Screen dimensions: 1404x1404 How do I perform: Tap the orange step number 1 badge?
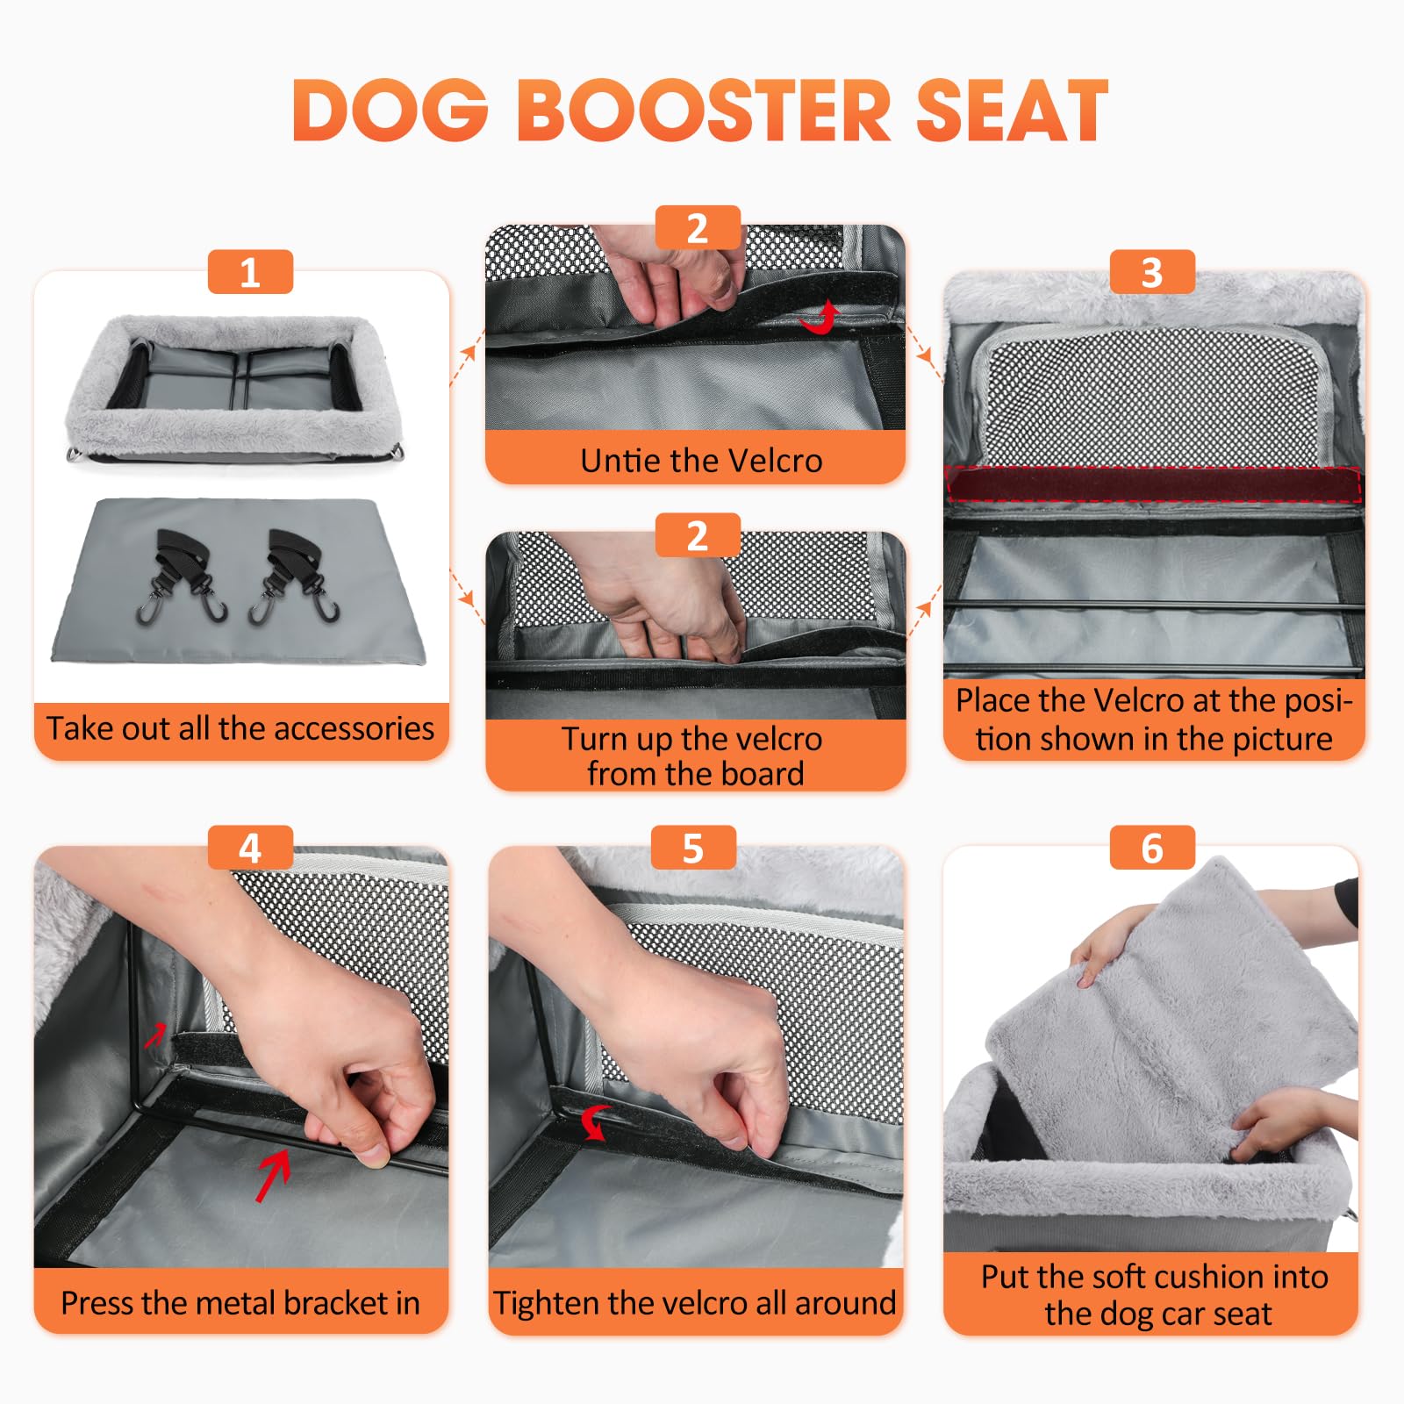click(x=250, y=272)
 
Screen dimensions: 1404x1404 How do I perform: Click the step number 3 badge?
click(x=1152, y=272)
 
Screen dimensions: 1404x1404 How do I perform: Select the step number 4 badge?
click(x=250, y=848)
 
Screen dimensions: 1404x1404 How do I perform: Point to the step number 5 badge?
click(x=693, y=848)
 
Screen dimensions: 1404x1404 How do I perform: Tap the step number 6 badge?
click(x=1152, y=848)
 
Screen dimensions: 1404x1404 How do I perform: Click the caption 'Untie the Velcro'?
click(x=701, y=460)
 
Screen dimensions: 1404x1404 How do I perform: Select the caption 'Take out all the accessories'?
click(x=240, y=728)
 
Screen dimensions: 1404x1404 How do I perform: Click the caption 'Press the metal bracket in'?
click(x=240, y=1302)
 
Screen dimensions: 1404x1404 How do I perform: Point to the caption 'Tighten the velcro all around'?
click(x=694, y=1302)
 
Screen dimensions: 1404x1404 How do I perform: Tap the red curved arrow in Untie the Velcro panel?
click(x=821, y=319)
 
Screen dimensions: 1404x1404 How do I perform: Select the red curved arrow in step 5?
click(x=596, y=1121)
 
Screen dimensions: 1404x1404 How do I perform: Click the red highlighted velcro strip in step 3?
click(x=1152, y=484)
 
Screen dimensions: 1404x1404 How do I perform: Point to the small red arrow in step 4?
click(x=155, y=1035)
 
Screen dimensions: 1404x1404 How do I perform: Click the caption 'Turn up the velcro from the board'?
click(x=692, y=756)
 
